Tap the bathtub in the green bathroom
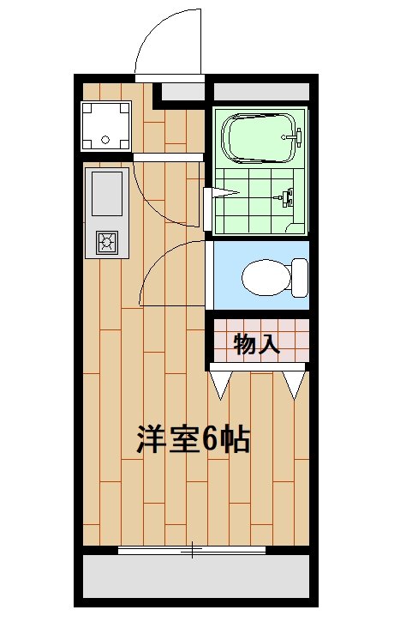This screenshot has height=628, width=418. [257, 136]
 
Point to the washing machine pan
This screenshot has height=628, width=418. [105, 125]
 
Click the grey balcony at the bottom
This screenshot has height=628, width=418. [195, 576]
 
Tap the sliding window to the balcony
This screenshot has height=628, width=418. [192, 550]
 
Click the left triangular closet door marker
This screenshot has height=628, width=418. [221, 383]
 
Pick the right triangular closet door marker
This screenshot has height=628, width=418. [295, 383]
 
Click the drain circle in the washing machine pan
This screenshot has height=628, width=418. [105, 137]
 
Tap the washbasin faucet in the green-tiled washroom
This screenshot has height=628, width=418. [287, 197]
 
